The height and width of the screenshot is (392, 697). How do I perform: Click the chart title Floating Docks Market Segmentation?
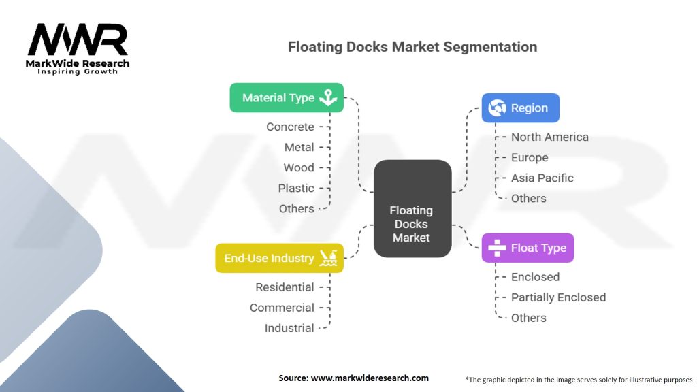coord(412,47)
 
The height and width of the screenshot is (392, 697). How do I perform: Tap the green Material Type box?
coord(287,97)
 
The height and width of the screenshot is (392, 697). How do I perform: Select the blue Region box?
coord(521,108)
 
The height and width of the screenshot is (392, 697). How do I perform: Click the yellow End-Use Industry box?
coord(279,258)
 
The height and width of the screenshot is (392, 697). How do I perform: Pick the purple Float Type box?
coord(528,248)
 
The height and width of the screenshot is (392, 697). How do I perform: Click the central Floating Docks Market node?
coord(412,224)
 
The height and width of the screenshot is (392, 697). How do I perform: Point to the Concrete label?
coord(290,127)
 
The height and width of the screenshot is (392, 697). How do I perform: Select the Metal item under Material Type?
coord(299,147)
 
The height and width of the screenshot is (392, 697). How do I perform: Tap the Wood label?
coord(299,167)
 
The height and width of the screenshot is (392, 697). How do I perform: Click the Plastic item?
coord(296,188)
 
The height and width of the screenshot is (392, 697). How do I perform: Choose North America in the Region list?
coord(549,137)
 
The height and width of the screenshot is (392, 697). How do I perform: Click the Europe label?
coord(530,157)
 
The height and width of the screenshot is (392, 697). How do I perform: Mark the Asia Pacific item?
coord(542,178)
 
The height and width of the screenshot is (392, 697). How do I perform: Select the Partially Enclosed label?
coord(558,297)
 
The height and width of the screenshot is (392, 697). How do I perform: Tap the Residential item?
coord(285,287)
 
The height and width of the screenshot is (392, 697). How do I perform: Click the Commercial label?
coord(282,308)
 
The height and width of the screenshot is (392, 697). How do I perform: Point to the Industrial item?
coord(289,328)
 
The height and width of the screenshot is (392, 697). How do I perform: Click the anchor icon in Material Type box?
coord(329,97)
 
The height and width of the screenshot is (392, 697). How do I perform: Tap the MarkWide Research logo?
coord(78,48)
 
